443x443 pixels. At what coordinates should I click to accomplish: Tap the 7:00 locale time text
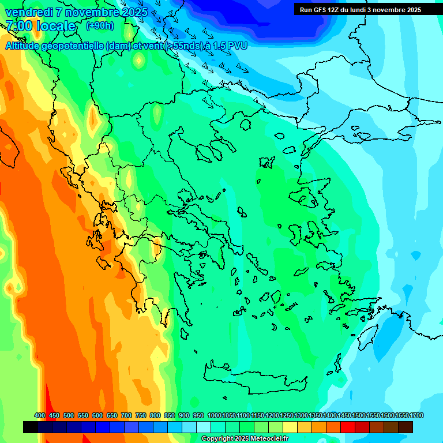pos(40,26)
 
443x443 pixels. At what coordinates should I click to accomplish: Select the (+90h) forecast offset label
pos(100,26)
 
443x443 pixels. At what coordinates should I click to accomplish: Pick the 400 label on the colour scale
pos(40,415)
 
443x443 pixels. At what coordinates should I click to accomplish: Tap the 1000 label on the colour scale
pos(214,415)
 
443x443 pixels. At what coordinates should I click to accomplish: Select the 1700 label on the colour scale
pos(416,415)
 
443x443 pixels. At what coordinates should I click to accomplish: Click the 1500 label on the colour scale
pos(359,415)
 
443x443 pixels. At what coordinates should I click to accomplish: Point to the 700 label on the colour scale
pos(126,415)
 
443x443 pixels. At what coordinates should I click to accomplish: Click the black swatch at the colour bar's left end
pos(31,427)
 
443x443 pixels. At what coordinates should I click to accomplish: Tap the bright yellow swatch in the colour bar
pos(290,427)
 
